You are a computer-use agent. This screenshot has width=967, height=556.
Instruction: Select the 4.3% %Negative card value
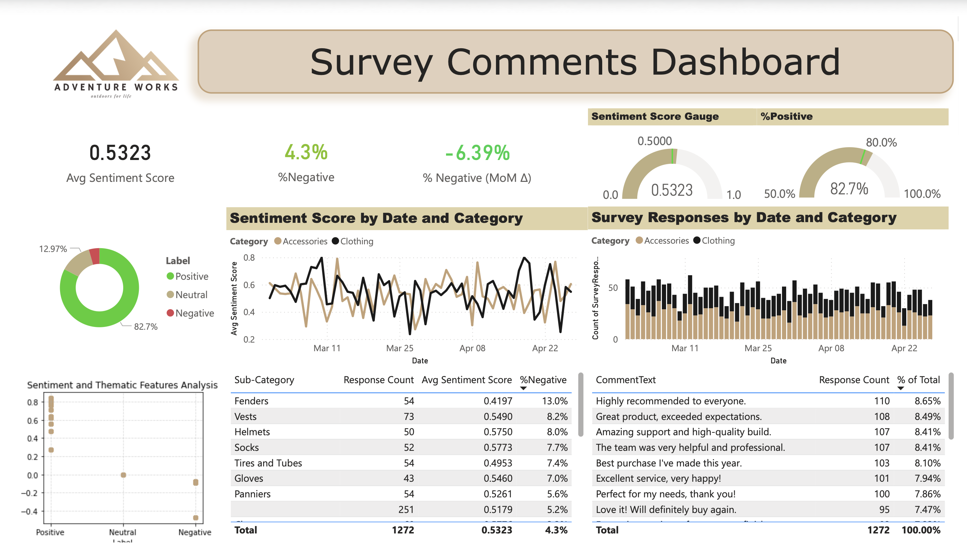click(x=306, y=152)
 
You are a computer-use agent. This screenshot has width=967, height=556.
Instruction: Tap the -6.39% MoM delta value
click(x=477, y=153)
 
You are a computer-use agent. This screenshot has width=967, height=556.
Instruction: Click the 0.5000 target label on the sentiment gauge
click(x=654, y=141)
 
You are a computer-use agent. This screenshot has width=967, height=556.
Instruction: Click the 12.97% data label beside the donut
click(x=53, y=249)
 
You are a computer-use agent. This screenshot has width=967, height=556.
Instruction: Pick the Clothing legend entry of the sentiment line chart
click(x=356, y=241)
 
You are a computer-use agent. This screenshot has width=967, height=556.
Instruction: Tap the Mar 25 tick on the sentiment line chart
click(x=400, y=348)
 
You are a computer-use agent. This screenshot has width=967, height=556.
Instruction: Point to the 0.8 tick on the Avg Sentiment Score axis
click(x=249, y=258)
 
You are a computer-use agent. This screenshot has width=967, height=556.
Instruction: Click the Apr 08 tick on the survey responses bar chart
click(x=831, y=348)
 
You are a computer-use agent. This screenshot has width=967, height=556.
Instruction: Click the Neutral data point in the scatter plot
click(x=123, y=475)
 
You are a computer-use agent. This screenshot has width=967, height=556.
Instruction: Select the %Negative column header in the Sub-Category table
click(x=543, y=380)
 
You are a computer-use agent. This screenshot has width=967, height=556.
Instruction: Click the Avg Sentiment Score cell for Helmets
click(x=498, y=432)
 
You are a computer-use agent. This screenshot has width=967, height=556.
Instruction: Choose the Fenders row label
click(x=251, y=401)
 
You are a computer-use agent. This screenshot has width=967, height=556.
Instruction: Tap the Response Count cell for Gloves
click(x=408, y=479)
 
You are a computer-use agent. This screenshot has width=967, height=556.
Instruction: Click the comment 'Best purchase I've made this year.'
click(x=669, y=463)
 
